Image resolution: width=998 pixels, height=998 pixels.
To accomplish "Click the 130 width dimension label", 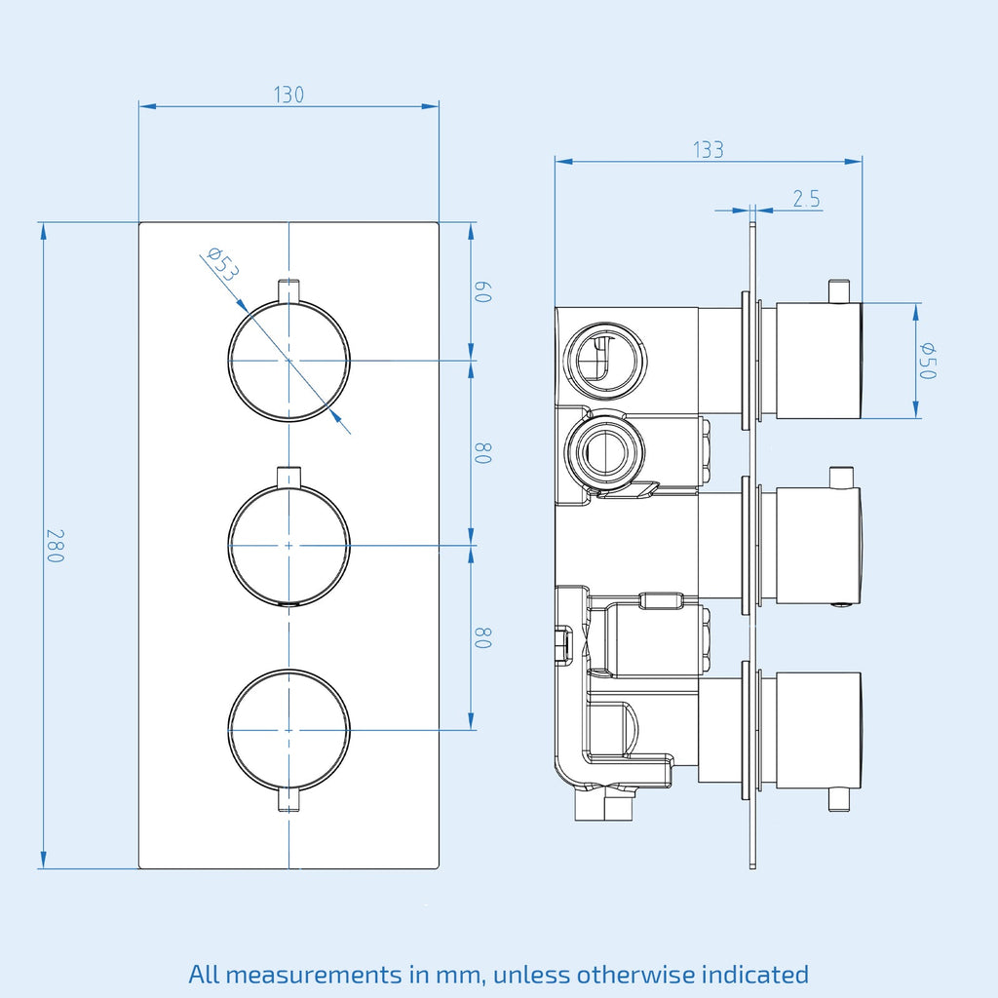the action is pyautogui.click(x=288, y=95).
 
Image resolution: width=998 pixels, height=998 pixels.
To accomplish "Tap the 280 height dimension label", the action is pyautogui.click(x=56, y=546).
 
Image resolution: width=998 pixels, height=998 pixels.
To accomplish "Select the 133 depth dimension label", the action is pyautogui.click(x=709, y=150).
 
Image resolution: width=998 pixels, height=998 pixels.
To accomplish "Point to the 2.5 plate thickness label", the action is pyautogui.click(x=806, y=199).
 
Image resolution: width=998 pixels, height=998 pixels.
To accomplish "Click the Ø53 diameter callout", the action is pyautogui.click(x=223, y=263).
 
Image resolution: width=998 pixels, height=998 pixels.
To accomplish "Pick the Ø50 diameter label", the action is pyautogui.click(x=928, y=361).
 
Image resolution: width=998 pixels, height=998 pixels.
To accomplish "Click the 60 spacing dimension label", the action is pyautogui.click(x=483, y=291).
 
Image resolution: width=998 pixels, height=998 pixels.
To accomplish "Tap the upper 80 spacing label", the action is pyautogui.click(x=483, y=453).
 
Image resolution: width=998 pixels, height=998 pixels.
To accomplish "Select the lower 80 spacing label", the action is pyautogui.click(x=483, y=637).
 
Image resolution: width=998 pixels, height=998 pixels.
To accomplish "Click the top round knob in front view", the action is pyautogui.click(x=288, y=361).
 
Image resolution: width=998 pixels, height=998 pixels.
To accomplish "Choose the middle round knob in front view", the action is pyautogui.click(x=288, y=546).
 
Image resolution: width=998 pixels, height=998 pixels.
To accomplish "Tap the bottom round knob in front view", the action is pyautogui.click(x=288, y=730).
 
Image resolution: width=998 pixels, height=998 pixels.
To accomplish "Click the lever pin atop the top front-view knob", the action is pyautogui.click(x=288, y=289).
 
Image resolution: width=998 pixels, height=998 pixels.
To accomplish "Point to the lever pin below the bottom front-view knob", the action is pyautogui.click(x=288, y=800).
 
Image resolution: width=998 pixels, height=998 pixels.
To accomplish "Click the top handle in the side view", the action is pyautogui.click(x=819, y=361).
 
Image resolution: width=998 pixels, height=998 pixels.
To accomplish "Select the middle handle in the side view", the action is pyautogui.click(x=819, y=544).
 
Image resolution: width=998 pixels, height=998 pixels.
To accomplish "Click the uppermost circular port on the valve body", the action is pyautogui.click(x=605, y=359).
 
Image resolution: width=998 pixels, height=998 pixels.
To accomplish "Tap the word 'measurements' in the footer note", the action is pyautogui.click(x=313, y=975).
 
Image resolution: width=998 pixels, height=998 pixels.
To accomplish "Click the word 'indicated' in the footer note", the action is pyautogui.click(x=755, y=975).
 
